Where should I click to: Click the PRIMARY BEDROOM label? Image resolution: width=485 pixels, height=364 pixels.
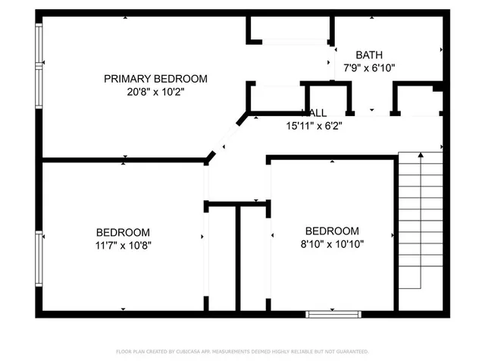point(155,78)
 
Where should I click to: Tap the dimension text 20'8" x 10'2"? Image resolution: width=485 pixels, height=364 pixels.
point(155,91)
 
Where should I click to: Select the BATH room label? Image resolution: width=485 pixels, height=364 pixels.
point(369,55)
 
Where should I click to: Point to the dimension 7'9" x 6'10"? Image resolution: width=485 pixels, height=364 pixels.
point(369,67)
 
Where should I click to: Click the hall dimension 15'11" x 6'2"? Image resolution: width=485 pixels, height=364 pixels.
point(314,126)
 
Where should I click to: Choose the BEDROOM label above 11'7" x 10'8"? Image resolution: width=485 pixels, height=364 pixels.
point(123,232)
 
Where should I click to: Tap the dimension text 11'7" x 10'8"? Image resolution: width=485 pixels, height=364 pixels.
point(123,245)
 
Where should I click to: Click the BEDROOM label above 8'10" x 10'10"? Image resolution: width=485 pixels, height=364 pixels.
point(331,231)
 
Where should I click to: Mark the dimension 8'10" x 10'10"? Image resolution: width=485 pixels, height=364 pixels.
point(331,243)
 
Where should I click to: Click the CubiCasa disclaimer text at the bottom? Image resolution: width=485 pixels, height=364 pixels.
point(242,352)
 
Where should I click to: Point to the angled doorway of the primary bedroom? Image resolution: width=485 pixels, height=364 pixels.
point(226,138)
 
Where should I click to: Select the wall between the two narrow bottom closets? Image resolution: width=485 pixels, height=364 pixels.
point(238,258)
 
